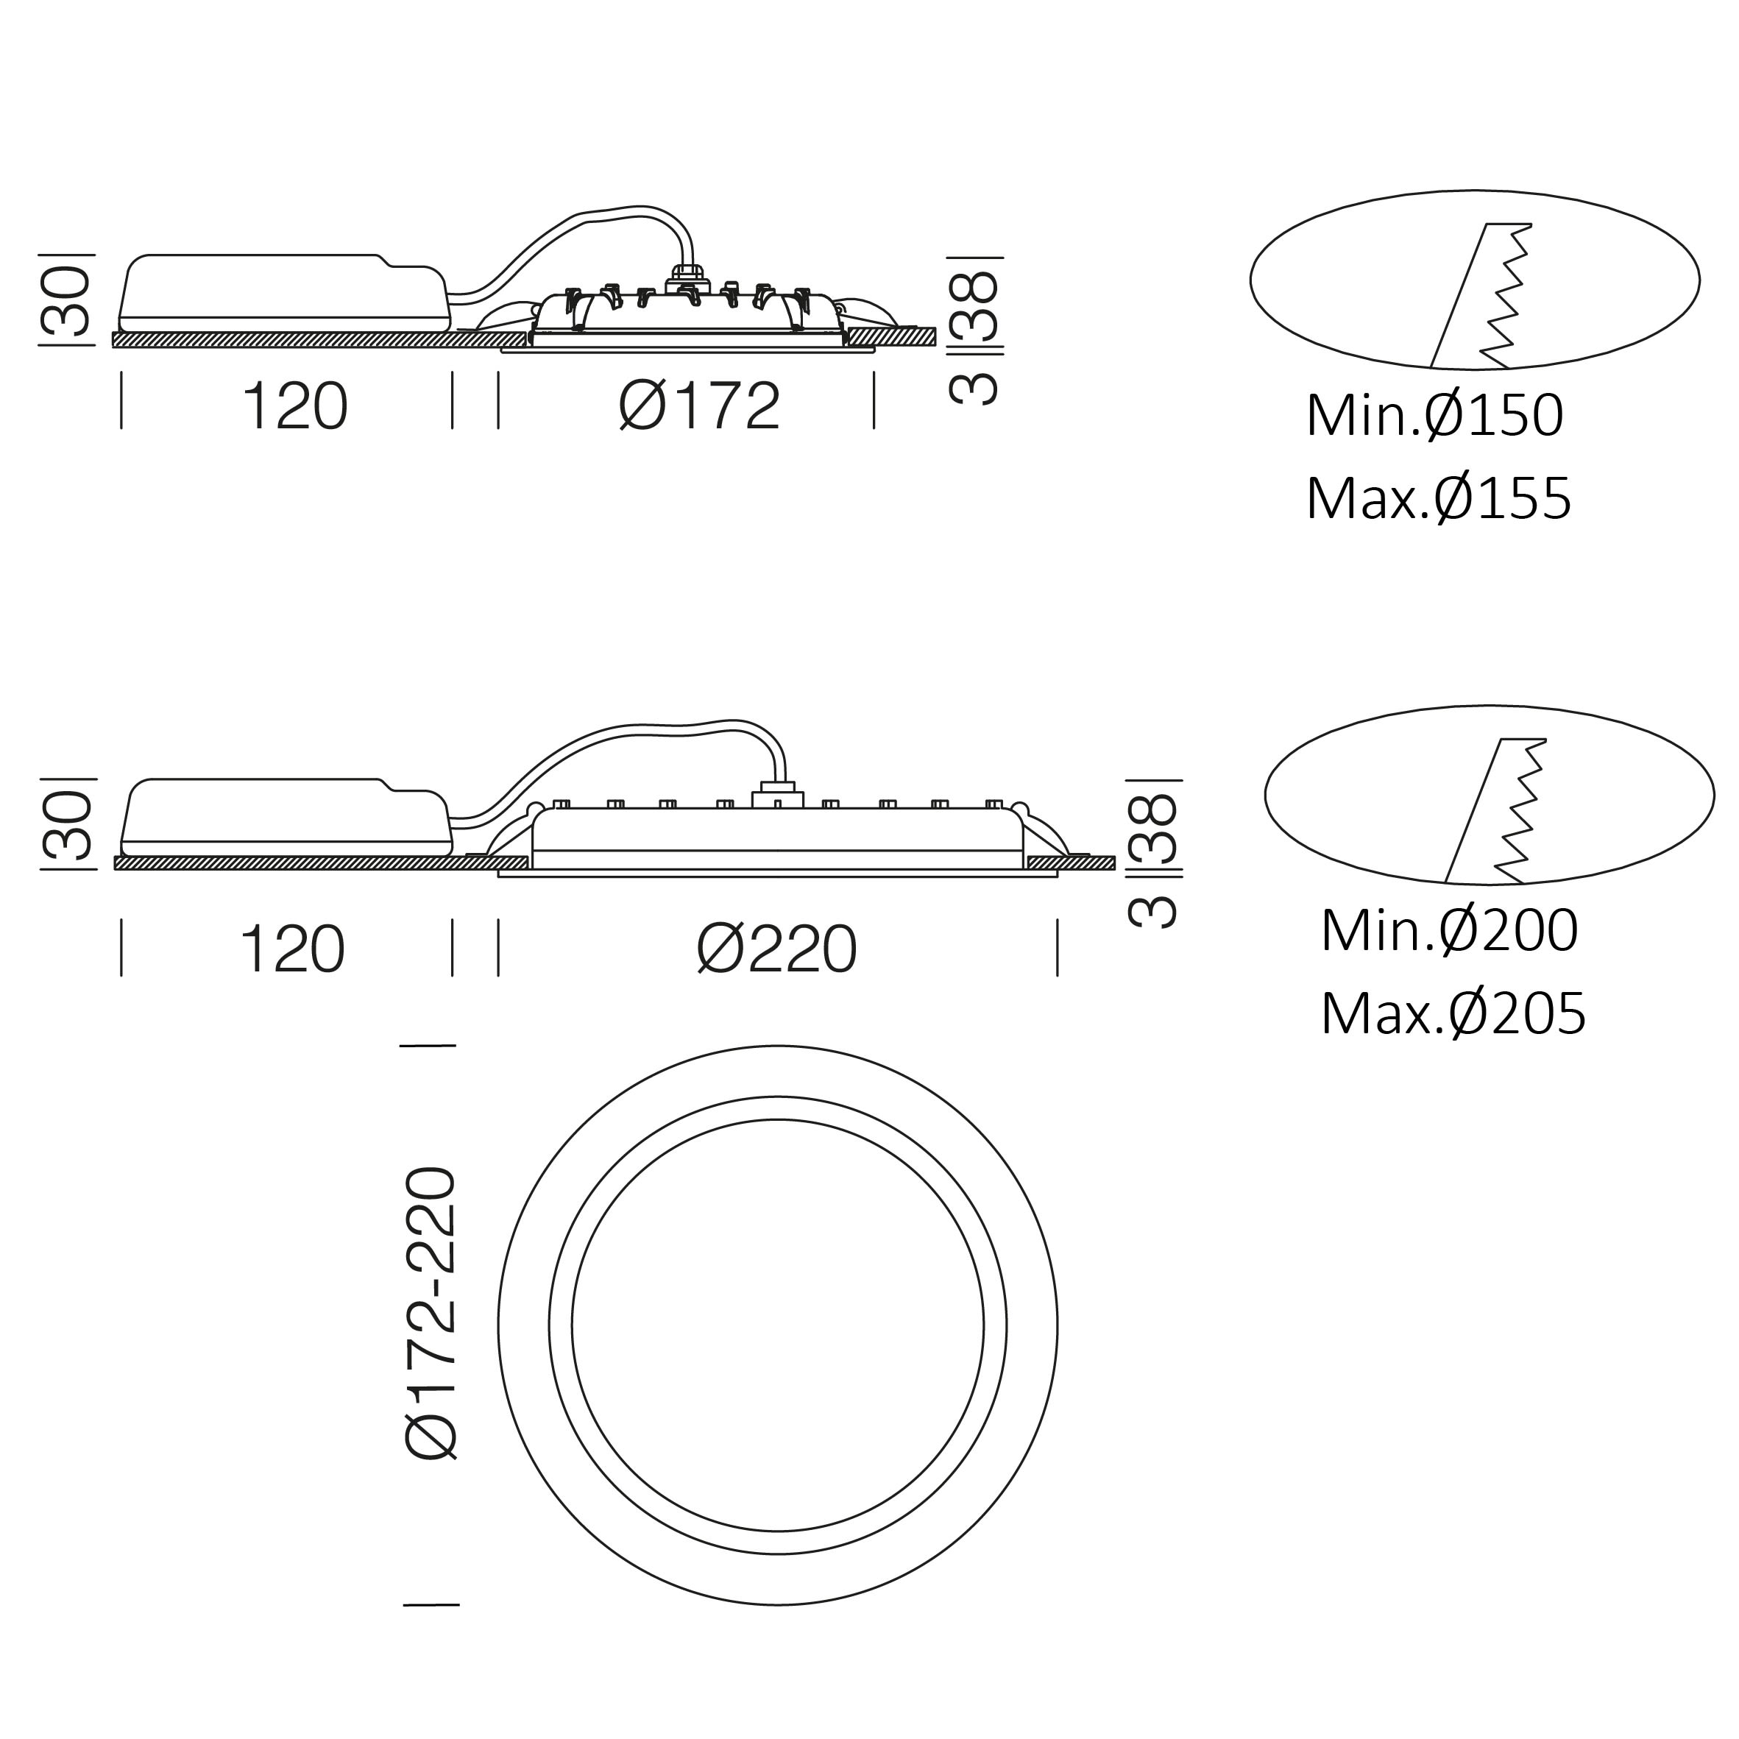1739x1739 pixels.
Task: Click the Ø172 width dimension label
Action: (x=699, y=406)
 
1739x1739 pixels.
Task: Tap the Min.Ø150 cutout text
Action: (x=1435, y=416)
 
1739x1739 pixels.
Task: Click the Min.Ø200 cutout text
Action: (x=1449, y=931)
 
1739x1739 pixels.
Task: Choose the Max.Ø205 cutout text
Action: (x=1453, y=1014)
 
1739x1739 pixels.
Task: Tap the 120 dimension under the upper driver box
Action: (x=294, y=407)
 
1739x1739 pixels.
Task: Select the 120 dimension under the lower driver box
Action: (x=291, y=949)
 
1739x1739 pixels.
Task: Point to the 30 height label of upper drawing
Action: (x=67, y=302)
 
